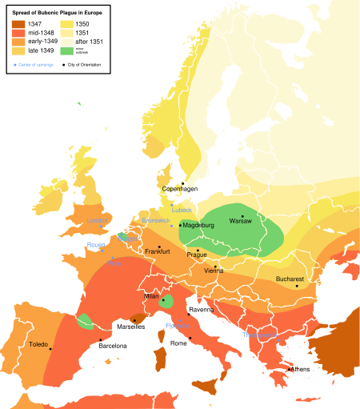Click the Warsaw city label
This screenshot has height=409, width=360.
point(240,221)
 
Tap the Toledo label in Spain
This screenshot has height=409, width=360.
point(38,345)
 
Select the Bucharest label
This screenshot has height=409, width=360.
point(290,279)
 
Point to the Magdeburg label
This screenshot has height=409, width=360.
point(198,226)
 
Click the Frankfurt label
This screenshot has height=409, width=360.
point(158,251)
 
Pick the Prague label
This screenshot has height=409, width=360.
point(197,255)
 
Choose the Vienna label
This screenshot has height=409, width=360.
point(214,271)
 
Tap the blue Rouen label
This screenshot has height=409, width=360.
point(96,245)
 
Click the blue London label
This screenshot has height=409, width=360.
point(97,220)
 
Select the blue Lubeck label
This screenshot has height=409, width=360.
point(182,210)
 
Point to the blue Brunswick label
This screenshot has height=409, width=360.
point(155,220)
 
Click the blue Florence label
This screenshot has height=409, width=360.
point(178,326)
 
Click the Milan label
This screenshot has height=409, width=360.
point(151,295)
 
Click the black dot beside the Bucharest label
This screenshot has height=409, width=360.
point(296,286)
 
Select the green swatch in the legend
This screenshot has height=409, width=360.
point(66,51)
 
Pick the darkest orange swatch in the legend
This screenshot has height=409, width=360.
point(18,24)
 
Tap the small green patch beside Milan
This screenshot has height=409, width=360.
point(166,302)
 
